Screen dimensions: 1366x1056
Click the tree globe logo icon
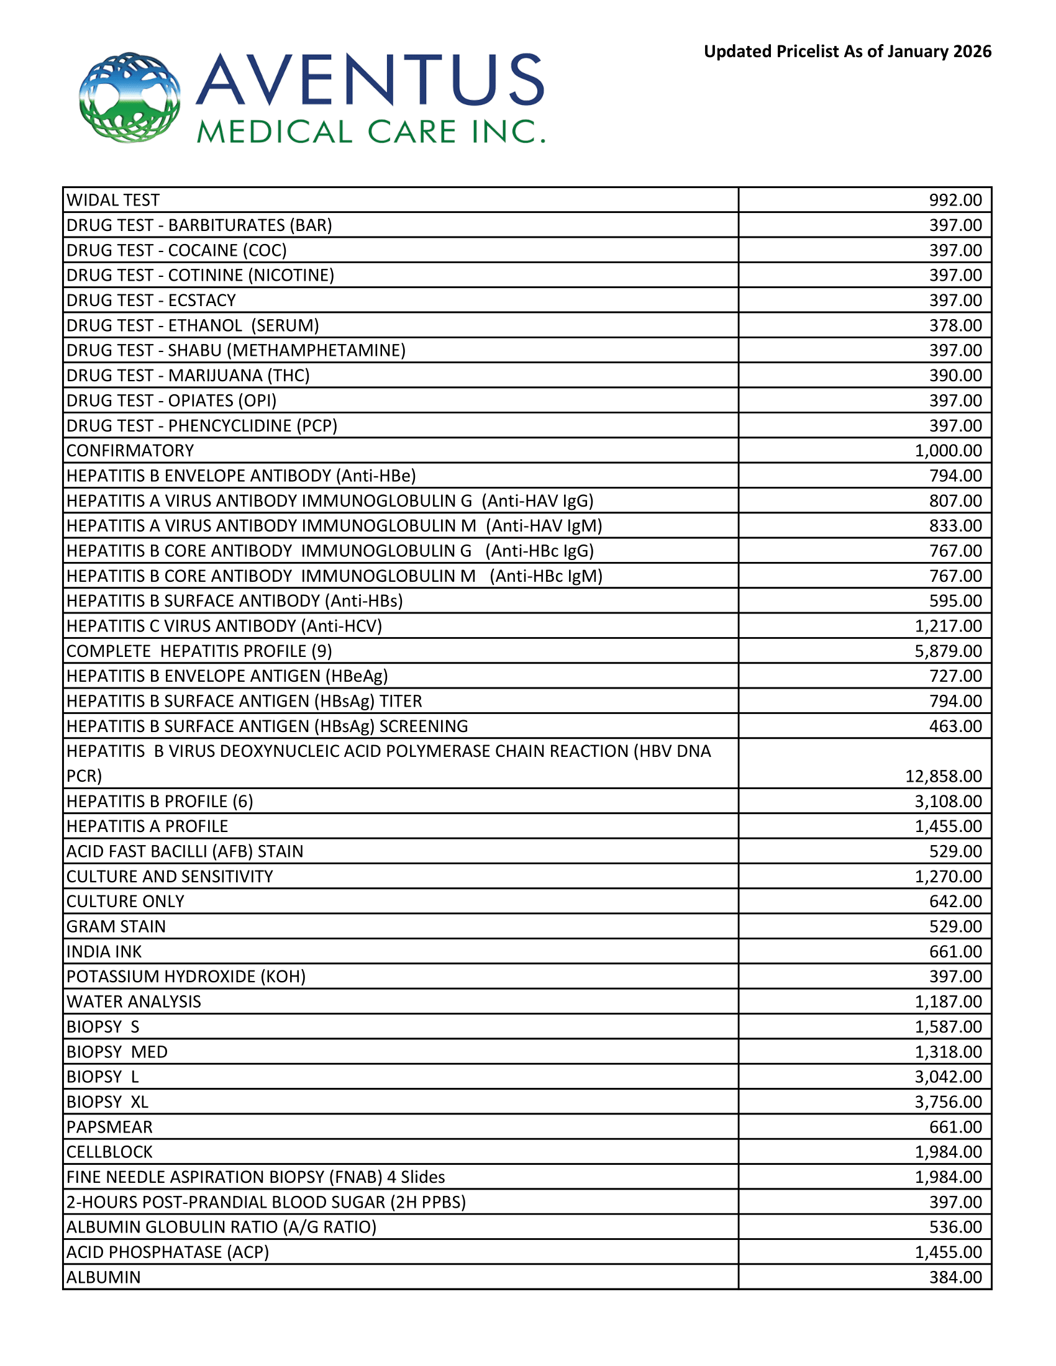tap(129, 97)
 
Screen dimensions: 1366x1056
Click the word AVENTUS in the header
tap(370, 79)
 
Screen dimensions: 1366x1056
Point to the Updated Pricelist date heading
tap(847, 52)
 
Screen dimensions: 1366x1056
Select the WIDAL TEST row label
tap(113, 200)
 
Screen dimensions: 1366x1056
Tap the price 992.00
tap(955, 200)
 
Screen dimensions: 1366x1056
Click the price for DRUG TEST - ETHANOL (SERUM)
tap(955, 325)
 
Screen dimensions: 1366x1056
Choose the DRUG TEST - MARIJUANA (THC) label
tap(188, 375)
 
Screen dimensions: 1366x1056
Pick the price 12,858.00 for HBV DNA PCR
tap(944, 776)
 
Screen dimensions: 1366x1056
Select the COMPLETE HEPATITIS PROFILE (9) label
tap(199, 651)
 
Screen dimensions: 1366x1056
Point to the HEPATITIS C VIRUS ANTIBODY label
tap(224, 626)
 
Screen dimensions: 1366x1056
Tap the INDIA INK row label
tap(104, 951)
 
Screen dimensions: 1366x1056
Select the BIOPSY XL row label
tap(107, 1101)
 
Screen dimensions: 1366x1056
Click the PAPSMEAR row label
tap(109, 1126)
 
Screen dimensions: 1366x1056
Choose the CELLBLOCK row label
tap(109, 1151)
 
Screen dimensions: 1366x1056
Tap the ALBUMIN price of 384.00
tap(955, 1277)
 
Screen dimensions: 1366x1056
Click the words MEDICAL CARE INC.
tap(370, 132)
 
